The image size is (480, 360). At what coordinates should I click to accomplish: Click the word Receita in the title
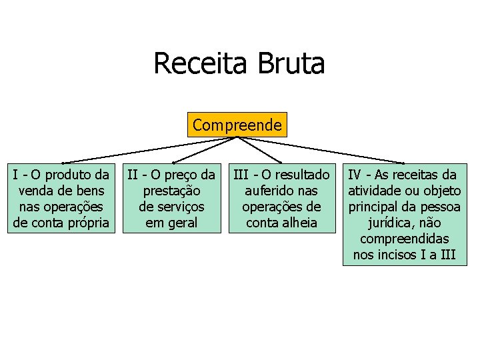point(197,64)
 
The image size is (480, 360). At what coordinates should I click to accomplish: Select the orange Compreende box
point(237,125)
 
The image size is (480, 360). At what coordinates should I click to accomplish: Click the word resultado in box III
point(304,175)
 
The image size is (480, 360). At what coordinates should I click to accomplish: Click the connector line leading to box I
point(147,149)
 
